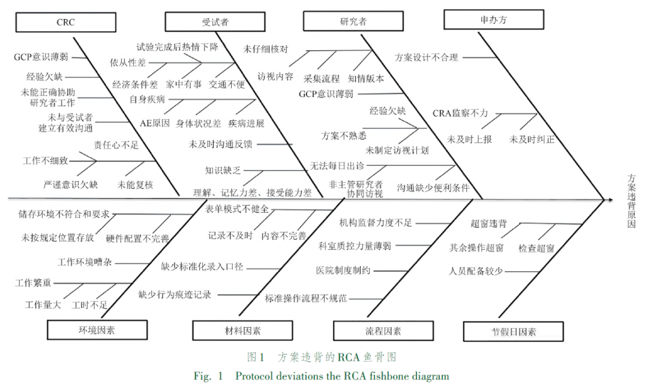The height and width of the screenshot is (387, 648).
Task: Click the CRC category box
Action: point(66,22)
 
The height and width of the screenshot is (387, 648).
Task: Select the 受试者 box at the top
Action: point(215,22)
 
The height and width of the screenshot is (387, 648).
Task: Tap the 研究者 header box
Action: point(353,21)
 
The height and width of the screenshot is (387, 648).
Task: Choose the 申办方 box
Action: point(493,19)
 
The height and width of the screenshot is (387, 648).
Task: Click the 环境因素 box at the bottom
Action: point(97,330)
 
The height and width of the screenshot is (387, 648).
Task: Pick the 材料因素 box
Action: point(242,331)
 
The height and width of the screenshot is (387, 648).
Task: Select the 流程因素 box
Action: point(383,331)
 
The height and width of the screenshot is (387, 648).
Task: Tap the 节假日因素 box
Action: point(513,331)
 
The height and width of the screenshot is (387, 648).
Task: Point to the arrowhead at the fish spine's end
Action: point(610,199)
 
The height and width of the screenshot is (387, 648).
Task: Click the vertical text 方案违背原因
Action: point(631,201)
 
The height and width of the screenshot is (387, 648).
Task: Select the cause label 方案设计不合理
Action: point(427,58)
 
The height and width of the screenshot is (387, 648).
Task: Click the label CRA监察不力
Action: point(460,113)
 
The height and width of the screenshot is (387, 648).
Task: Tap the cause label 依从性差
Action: point(128,63)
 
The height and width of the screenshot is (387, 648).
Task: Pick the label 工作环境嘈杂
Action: point(85,262)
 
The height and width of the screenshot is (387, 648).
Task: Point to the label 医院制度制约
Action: point(343,271)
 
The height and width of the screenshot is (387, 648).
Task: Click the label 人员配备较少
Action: point(476,271)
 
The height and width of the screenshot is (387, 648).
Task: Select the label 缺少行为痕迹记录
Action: point(175,295)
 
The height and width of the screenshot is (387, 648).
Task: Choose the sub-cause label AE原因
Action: point(155,123)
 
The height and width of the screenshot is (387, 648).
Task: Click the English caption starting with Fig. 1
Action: point(321,376)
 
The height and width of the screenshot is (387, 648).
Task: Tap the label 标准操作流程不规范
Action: point(306,298)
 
